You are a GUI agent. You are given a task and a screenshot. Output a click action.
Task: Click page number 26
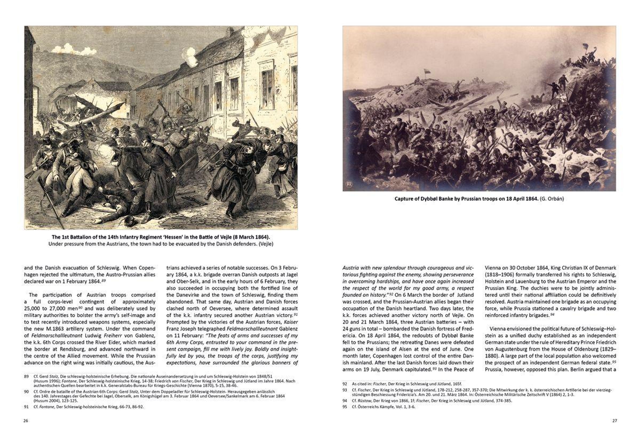[26, 421]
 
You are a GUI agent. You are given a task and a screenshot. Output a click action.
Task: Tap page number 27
[614, 421]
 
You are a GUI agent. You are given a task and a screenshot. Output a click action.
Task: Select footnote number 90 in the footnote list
[26, 391]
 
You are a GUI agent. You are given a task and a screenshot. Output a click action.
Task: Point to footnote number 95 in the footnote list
[345, 407]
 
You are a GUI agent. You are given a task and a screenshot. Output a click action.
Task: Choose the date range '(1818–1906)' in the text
[499, 274]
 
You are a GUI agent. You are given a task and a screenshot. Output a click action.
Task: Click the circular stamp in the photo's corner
[349, 184]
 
